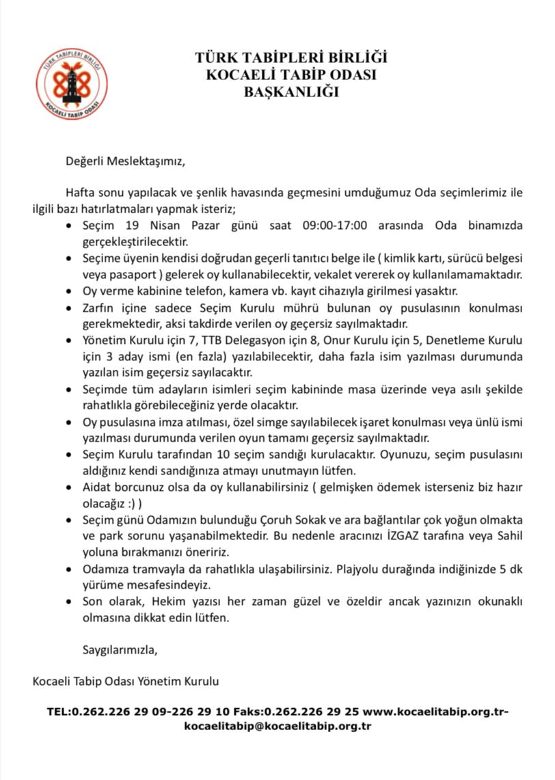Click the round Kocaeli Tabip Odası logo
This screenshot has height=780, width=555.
click(71, 83)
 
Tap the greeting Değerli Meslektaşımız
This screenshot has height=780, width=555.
click(125, 162)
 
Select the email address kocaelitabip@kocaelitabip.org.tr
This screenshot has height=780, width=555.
click(277, 727)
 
